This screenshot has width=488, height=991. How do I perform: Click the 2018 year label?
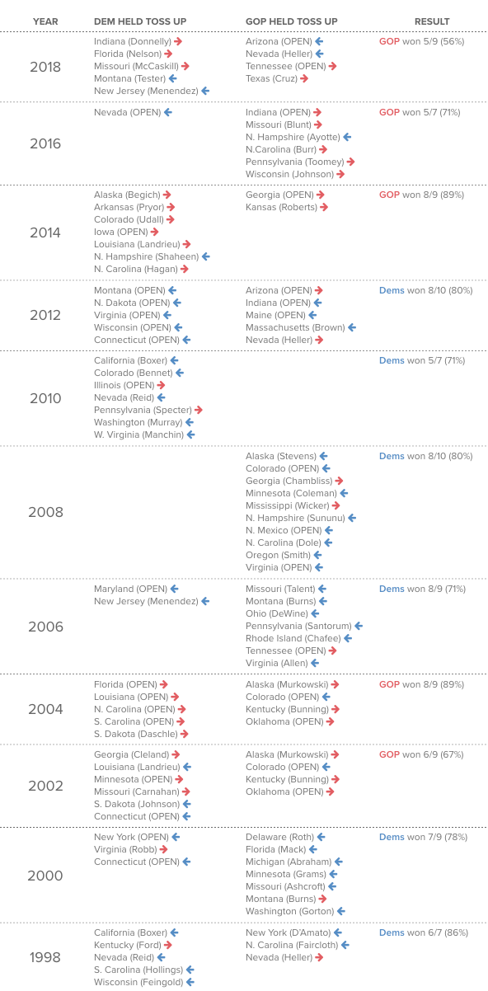click(45, 67)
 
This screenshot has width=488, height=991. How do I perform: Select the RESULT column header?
click(432, 21)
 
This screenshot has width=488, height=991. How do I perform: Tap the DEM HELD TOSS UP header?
click(140, 21)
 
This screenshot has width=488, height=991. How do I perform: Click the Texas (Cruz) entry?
click(271, 79)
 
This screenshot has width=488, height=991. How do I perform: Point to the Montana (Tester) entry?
click(129, 79)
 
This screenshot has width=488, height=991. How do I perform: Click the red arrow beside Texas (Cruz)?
click(304, 79)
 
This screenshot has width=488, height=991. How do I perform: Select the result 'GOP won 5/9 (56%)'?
click(421, 41)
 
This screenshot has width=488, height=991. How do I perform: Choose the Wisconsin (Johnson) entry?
click(290, 174)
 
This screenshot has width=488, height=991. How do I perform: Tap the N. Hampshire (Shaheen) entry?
click(147, 256)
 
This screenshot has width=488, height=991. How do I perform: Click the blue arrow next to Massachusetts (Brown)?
click(352, 327)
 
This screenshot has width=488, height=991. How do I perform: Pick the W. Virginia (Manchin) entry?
click(139, 434)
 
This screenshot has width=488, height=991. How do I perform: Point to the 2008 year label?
click(45, 512)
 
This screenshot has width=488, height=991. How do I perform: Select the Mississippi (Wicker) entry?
click(288, 505)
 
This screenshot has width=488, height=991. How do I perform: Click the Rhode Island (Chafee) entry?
click(293, 638)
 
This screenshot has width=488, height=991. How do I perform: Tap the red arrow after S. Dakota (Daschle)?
click(185, 734)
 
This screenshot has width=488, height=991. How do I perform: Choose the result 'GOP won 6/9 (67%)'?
click(421, 754)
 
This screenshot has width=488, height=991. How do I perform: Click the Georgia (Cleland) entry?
click(131, 754)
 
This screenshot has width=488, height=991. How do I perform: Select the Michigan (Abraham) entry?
click(289, 862)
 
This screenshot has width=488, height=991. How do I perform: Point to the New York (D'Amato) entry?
click(288, 932)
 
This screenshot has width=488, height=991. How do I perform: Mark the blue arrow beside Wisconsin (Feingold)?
click(190, 982)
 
